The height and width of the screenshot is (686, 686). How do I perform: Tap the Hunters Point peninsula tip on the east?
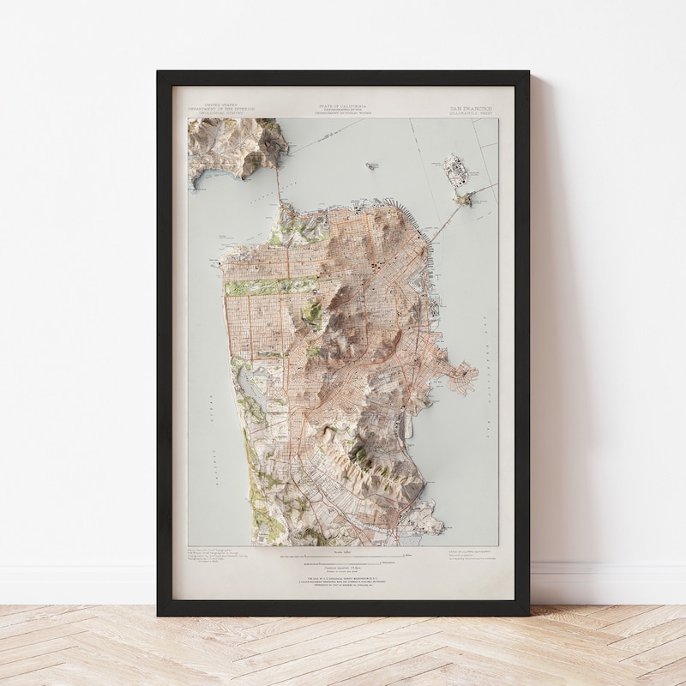tap(468, 372)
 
